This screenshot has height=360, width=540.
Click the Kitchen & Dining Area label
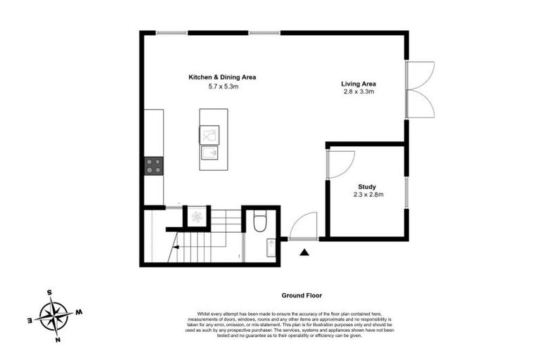221,77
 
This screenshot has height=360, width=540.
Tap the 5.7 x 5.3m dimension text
221,86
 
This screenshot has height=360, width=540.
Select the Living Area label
358,84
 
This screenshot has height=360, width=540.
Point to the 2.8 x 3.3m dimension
358,92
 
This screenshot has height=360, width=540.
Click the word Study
367,186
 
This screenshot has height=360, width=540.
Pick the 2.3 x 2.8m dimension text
368,195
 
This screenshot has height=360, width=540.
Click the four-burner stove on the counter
153,166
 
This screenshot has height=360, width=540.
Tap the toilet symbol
259,222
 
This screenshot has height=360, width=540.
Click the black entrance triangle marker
304,252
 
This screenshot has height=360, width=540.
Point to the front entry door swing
301,227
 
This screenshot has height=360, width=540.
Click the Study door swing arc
342,165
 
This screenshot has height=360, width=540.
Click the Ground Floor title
302,296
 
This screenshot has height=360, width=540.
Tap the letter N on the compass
58,340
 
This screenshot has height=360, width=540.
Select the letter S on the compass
49,292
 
